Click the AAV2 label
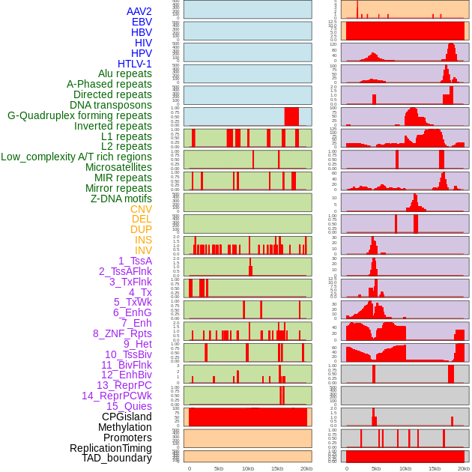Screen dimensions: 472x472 click(139, 11)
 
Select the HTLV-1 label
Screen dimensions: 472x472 click(135, 64)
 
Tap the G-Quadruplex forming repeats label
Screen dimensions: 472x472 click(79, 115)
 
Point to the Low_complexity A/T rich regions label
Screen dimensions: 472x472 click(76, 157)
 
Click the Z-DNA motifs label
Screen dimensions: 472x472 click(121, 199)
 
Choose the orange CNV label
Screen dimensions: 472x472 click(141, 209)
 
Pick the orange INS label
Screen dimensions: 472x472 click(143, 240)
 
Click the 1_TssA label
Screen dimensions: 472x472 click(135, 261)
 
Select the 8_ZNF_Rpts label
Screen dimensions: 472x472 click(122, 333)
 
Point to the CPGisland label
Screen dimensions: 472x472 click(127, 417)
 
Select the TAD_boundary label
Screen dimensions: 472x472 click(116, 458)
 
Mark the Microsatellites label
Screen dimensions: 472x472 click(118, 167)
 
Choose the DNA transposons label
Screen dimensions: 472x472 click(111, 105)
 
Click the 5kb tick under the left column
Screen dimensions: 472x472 click(219, 468)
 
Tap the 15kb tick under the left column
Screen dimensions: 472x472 click(277, 468)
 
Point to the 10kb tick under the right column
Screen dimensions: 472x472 click(405, 468)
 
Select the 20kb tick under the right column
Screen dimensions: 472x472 click(464, 468)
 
